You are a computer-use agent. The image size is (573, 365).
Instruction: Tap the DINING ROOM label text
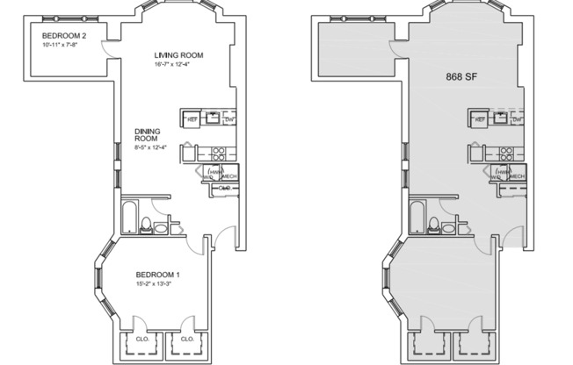147,134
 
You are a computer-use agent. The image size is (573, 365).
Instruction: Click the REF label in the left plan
191,119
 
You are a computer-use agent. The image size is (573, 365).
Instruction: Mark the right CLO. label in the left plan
186,338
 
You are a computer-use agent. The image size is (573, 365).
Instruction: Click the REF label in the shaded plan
480,119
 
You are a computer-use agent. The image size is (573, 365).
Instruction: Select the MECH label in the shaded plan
517,176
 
